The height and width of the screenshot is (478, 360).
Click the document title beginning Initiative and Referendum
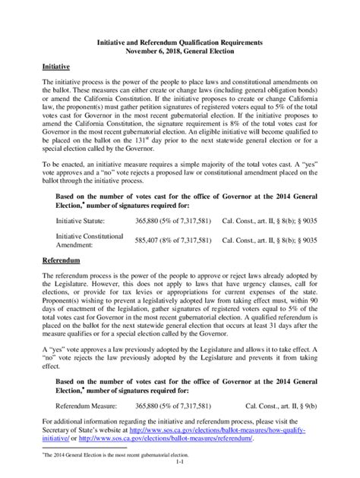(x=180, y=44)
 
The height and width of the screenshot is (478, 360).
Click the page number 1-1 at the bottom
(x=180, y=461)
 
